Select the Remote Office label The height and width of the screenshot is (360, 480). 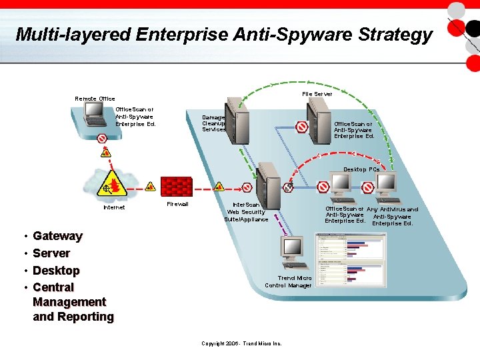(95, 99)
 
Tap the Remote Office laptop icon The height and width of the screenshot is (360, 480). (95, 115)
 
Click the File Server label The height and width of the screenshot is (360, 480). (317, 94)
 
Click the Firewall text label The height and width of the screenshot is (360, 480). (177, 204)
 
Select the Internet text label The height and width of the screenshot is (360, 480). (114, 207)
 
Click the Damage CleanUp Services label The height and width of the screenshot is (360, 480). (213, 123)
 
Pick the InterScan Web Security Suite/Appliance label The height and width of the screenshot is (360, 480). (246, 212)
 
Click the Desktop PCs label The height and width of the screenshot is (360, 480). (361, 169)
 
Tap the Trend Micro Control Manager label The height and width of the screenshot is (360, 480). (288, 281)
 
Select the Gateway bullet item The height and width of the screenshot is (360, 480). (57, 236)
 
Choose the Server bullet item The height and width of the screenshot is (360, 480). (51, 253)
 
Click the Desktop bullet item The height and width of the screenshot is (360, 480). (56, 271)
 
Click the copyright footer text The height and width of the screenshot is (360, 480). (241, 343)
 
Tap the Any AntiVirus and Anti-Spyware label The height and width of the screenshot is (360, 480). (393, 216)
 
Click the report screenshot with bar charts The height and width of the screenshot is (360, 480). (351, 260)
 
